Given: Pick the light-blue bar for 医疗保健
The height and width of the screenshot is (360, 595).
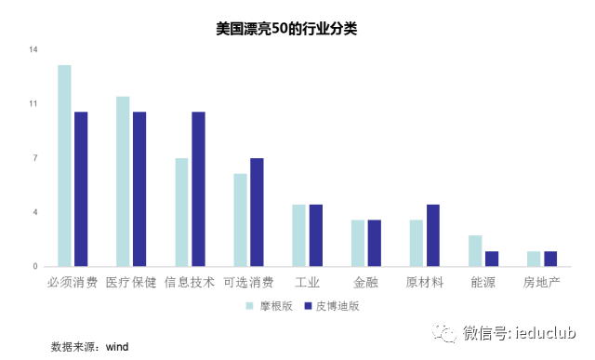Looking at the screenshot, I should [x=123, y=181].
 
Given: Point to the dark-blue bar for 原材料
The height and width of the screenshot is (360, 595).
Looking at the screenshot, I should [x=432, y=235].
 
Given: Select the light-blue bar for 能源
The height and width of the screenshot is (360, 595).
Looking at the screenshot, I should [x=474, y=250].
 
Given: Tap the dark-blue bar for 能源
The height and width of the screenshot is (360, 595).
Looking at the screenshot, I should [x=491, y=259].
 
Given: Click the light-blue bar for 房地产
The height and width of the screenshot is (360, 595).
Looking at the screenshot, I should [x=533, y=259].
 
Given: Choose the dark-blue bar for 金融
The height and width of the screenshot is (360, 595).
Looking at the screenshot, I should [x=374, y=243].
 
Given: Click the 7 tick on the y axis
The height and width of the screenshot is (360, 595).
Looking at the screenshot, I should [x=34, y=158].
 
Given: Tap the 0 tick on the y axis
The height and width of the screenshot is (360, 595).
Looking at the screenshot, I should [x=34, y=267].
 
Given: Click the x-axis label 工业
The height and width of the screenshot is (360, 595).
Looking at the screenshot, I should [x=307, y=281].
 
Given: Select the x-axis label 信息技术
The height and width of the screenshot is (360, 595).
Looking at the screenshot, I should [x=190, y=281].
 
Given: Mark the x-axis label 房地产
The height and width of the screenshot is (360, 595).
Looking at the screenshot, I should [x=541, y=281].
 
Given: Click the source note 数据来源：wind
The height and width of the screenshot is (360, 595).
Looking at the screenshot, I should [x=89, y=346].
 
